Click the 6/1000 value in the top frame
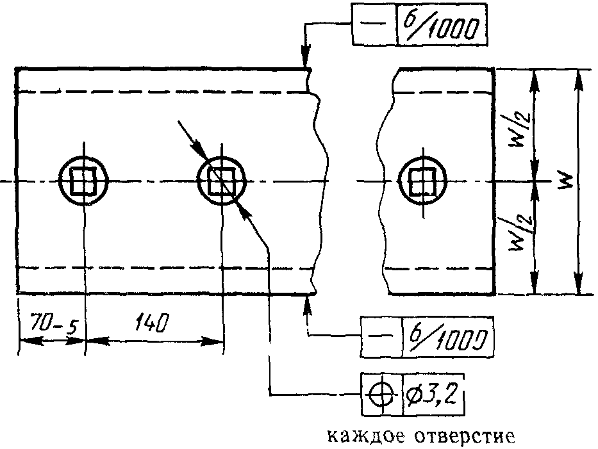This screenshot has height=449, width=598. [442, 25]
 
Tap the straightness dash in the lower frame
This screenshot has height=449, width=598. [380, 336]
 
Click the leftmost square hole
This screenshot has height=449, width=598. [83, 181]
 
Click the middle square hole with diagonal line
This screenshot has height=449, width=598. [222, 181]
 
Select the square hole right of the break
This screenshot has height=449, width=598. [422, 181]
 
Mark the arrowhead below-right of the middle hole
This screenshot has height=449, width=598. [244, 211]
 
